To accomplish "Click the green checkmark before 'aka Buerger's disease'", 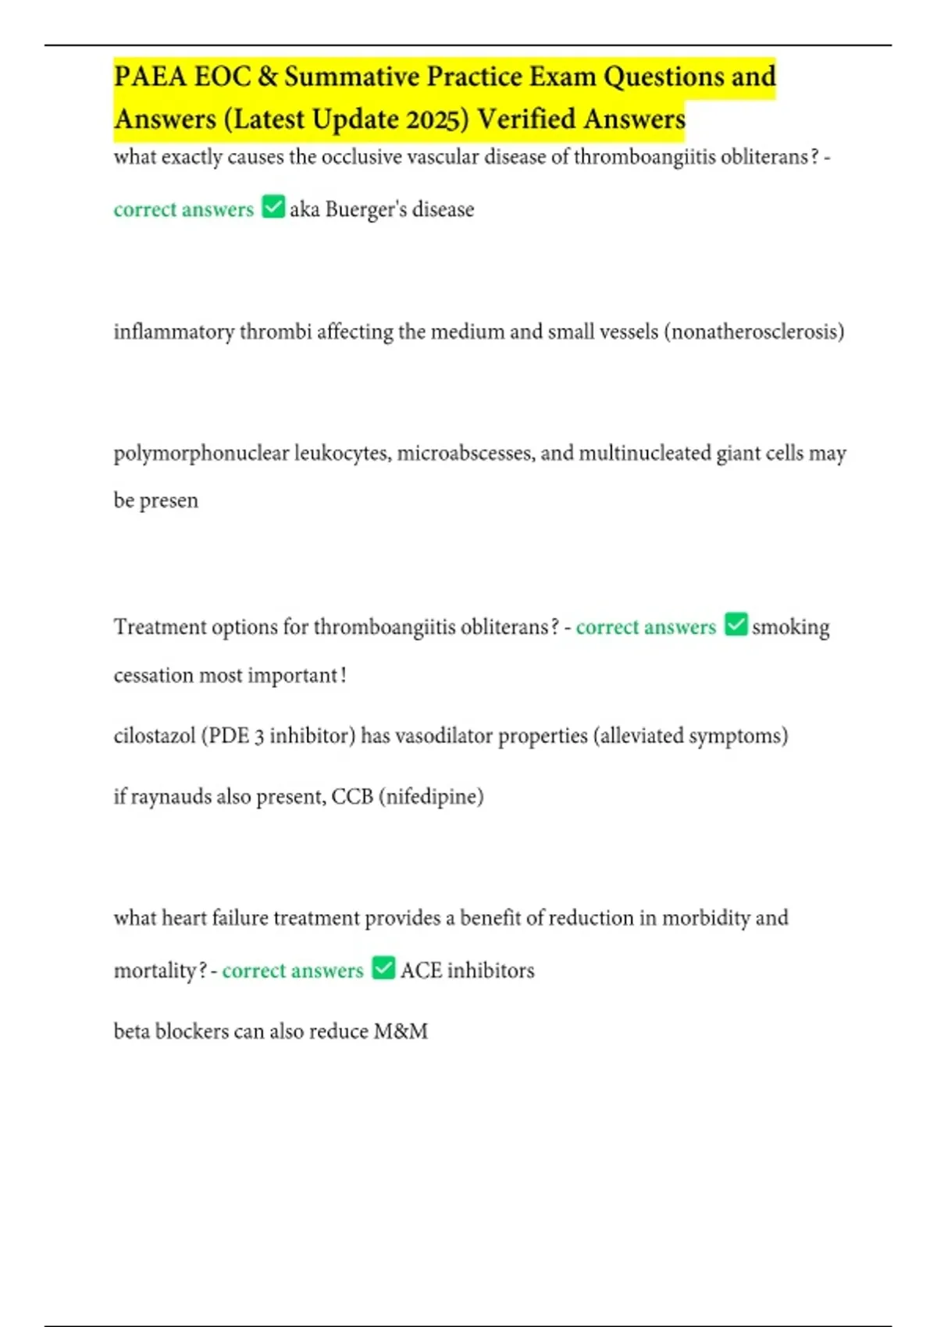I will (x=273, y=207).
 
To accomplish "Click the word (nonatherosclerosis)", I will (x=754, y=332).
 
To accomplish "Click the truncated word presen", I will (x=169, y=500).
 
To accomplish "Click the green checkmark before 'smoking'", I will (x=736, y=624).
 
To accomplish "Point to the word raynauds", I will (x=170, y=797).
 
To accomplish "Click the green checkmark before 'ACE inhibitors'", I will (x=383, y=968).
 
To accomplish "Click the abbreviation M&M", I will (x=401, y=1031).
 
